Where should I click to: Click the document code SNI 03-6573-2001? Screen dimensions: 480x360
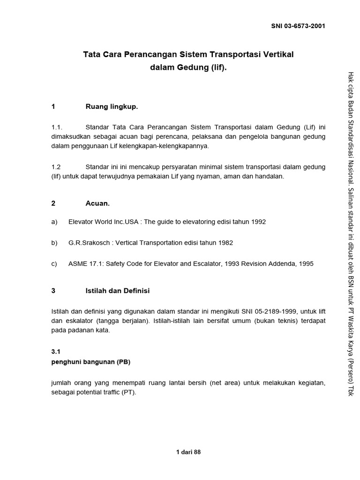click(298, 26)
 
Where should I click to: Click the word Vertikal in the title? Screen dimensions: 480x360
click(277, 54)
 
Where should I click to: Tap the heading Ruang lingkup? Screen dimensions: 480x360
click(112, 107)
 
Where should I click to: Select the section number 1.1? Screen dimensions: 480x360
click(57, 127)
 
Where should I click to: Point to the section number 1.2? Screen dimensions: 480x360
click(56, 167)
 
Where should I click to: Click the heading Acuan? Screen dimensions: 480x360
click(97, 203)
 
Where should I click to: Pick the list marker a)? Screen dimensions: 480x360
click(54, 222)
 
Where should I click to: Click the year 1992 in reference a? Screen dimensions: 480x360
click(258, 222)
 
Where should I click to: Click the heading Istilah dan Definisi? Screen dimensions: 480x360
click(117, 291)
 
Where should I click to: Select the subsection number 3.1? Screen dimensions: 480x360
click(56, 351)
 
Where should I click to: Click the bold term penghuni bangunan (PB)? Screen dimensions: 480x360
click(90, 362)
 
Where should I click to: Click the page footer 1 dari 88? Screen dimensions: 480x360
click(188, 452)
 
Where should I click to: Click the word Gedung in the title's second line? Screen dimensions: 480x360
click(191, 67)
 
